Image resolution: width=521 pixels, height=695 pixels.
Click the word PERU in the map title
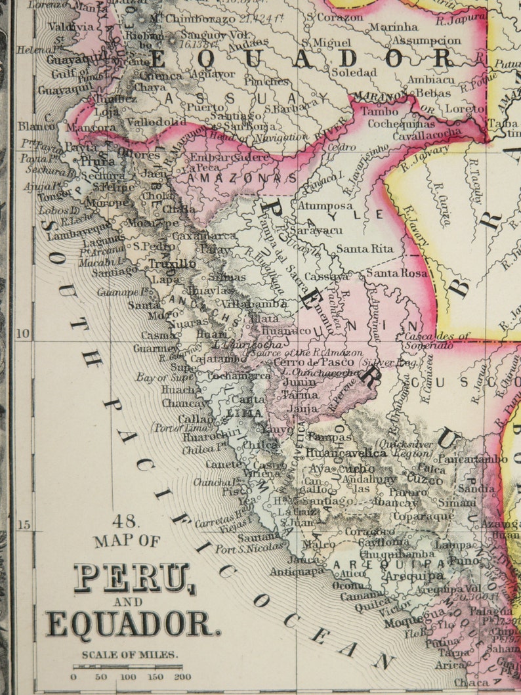(131, 578)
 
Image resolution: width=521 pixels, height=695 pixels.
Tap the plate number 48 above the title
(125, 522)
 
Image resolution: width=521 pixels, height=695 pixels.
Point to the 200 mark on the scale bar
(182, 677)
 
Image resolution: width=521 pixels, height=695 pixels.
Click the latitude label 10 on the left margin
(23, 333)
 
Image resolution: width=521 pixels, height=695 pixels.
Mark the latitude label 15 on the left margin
(23, 525)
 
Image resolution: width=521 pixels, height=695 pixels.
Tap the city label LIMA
(244, 413)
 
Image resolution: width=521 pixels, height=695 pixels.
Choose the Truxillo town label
(172, 264)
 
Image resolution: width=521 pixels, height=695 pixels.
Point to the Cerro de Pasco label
(323, 362)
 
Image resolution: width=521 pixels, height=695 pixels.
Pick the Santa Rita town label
(364, 249)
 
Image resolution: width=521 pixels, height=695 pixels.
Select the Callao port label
(196, 419)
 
